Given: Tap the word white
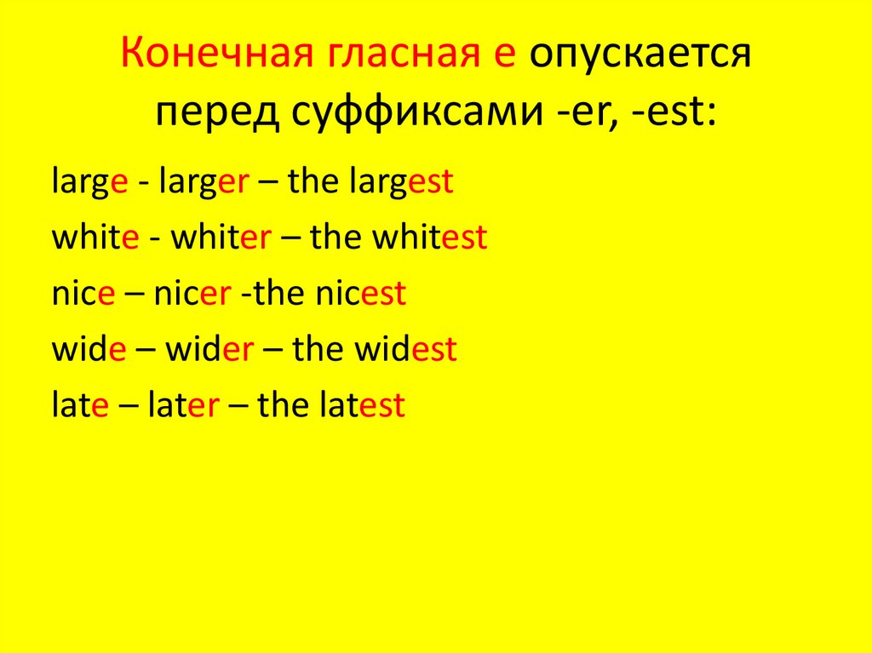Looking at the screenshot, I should [x=95, y=238].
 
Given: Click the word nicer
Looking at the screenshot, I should [x=192, y=295].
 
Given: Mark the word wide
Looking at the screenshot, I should [x=89, y=350].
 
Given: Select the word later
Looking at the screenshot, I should [x=184, y=405].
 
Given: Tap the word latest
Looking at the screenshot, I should [x=362, y=405].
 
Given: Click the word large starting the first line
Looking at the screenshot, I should [x=89, y=184].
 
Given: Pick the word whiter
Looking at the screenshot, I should [x=221, y=238].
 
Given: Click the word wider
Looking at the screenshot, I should [x=209, y=350].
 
